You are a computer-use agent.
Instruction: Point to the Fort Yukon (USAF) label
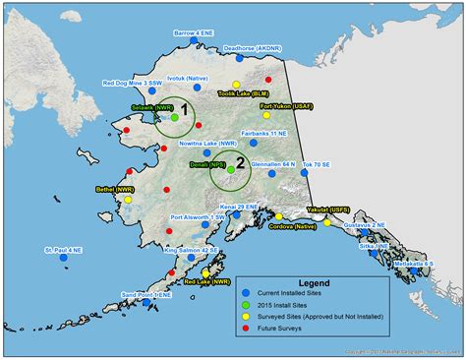(282, 104)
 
